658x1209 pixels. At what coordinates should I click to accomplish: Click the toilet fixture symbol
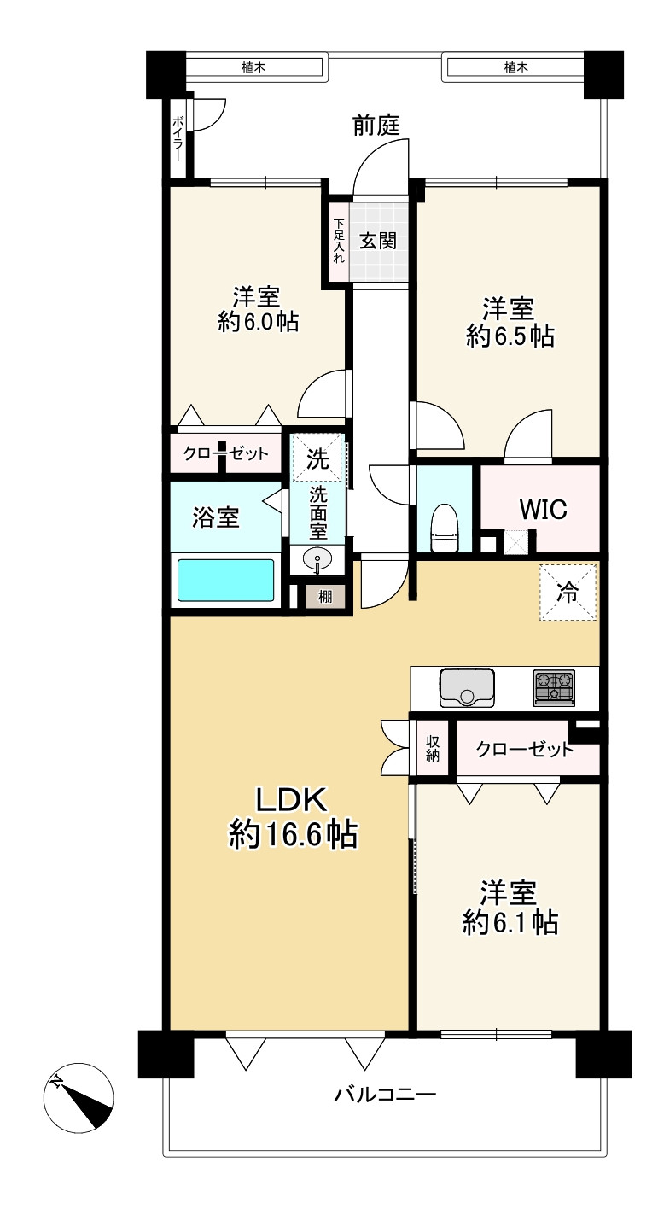[445, 528]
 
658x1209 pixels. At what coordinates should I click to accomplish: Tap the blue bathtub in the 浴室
[226, 581]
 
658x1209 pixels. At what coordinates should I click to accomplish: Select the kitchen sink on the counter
[467, 687]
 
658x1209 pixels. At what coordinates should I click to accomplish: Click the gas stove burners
[554, 687]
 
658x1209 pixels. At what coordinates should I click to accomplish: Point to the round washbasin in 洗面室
[317, 560]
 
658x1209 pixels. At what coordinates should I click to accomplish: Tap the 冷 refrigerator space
[568, 592]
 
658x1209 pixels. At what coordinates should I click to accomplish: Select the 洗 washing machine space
[317, 458]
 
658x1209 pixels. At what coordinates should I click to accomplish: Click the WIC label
[543, 509]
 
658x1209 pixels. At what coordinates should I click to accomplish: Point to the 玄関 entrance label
[378, 242]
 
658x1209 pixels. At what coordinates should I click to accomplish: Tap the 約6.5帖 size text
[510, 336]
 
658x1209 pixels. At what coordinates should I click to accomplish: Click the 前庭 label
[376, 126]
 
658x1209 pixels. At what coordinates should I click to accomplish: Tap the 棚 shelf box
[324, 597]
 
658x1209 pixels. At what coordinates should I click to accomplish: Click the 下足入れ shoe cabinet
[339, 241]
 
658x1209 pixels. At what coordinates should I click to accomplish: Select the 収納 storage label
[433, 749]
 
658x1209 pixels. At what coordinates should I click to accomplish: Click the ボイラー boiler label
[178, 137]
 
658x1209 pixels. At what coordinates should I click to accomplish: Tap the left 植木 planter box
[254, 67]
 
